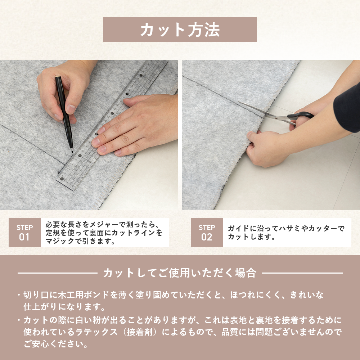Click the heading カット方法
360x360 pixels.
[180, 30]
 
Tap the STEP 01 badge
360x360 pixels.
[24, 233]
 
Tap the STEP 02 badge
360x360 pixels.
[207, 233]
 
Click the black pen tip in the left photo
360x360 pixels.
[72, 151]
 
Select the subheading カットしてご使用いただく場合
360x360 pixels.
[180, 273]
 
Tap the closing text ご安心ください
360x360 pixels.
[56, 344]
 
